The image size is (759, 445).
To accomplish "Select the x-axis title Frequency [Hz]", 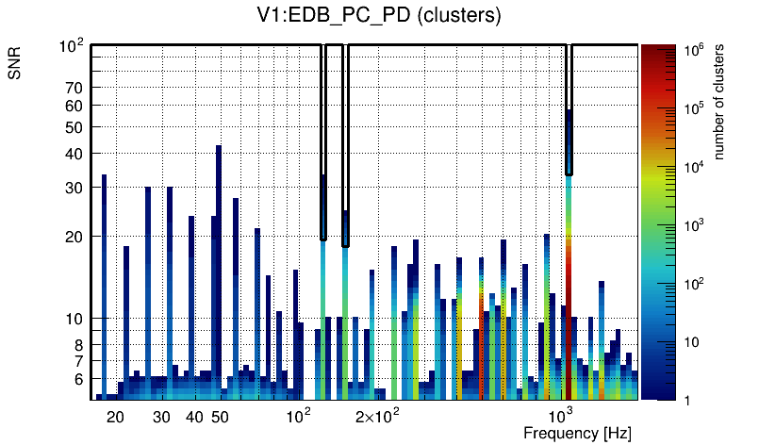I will click(x=577, y=434).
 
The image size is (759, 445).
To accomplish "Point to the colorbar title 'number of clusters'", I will click(x=719, y=102).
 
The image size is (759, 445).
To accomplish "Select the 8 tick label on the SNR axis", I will click(x=78, y=345).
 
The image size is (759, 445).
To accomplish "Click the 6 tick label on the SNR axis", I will click(x=78, y=379).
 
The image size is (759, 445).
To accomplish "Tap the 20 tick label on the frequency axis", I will click(x=115, y=417).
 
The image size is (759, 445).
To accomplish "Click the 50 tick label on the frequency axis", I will click(x=219, y=417).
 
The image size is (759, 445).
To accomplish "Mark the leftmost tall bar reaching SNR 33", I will click(x=104, y=283).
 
